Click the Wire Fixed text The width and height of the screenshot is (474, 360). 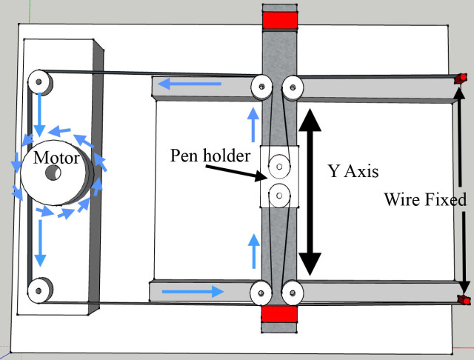(425, 199)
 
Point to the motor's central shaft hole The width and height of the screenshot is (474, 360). (53, 173)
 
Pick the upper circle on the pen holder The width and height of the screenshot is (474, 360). (279, 164)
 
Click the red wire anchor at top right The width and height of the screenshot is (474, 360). (461, 78)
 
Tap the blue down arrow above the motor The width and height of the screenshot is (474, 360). (41, 111)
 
